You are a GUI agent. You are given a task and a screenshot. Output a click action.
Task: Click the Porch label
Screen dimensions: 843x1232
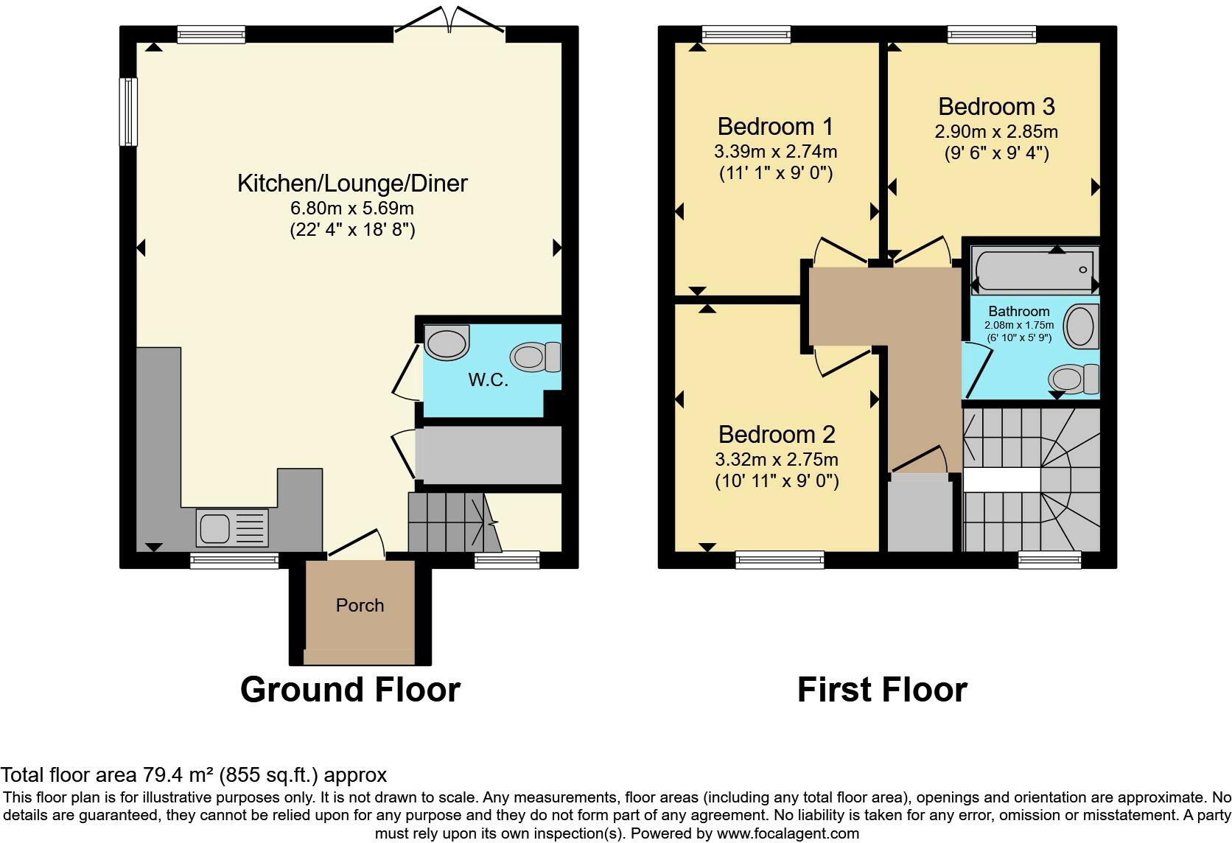[x=360, y=605]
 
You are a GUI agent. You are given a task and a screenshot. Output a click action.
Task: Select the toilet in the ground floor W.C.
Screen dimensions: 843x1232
[x=536, y=357]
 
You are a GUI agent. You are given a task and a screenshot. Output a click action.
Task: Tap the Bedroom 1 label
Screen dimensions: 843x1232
[x=775, y=127]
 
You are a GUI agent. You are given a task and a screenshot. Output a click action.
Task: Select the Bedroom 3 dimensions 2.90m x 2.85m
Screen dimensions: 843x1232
[x=996, y=132]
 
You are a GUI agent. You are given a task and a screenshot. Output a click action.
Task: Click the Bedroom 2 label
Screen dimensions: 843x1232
[x=777, y=434]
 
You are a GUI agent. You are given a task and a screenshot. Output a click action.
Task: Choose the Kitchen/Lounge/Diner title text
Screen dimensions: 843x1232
[x=352, y=183]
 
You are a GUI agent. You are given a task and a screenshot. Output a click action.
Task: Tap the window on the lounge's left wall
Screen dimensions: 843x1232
[x=129, y=112]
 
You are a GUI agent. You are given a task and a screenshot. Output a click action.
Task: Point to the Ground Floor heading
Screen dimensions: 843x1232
[x=350, y=690]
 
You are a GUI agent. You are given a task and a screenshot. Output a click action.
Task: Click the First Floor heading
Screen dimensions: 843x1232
[x=882, y=690]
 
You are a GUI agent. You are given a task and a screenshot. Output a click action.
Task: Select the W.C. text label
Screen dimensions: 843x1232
[x=488, y=381]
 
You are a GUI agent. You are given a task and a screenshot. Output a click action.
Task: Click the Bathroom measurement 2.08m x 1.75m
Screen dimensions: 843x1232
[x=1019, y=325]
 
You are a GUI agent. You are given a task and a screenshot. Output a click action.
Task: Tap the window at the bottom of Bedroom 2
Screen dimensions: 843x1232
[x=779, y=560]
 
